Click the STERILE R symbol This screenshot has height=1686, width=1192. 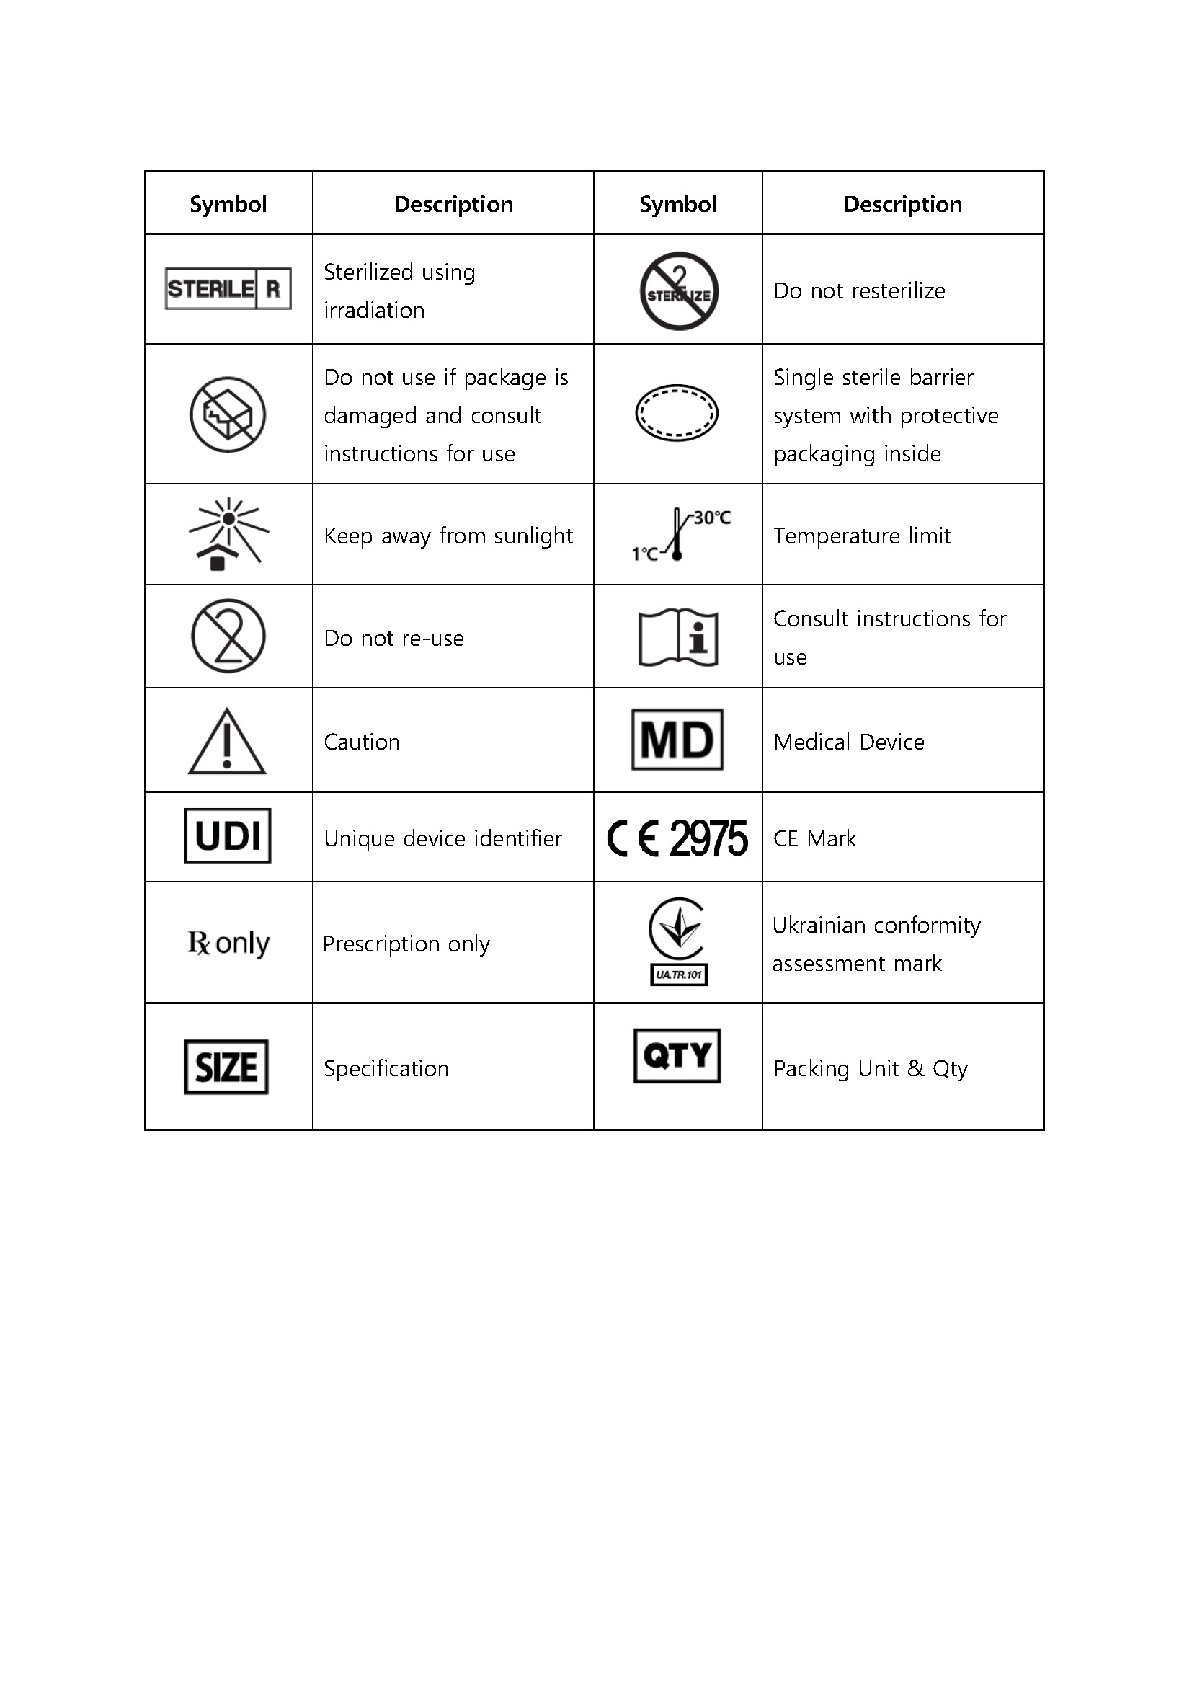[228, 288]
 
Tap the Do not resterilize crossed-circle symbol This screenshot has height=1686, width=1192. [679, 290]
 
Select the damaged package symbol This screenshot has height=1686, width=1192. [228, 415]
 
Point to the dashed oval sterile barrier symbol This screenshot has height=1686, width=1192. [677, 413]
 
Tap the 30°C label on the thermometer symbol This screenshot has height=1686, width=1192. [712, 518]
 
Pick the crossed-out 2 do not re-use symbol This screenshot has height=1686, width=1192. [228, 636]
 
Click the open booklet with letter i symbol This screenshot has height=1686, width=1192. [678, 637]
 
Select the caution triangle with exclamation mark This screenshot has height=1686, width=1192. [228, 742]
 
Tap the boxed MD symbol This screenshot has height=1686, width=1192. [677, 740]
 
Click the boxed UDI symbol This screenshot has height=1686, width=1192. [228, 835]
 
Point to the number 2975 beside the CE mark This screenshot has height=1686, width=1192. [708, 838]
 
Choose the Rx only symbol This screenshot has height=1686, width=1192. [228, 943]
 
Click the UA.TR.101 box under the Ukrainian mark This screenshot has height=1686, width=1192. [679, 975]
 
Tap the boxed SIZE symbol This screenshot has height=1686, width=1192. [226, 1067]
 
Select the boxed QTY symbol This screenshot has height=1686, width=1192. [677, 1056]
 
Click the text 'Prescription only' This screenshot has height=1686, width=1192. [406, 944]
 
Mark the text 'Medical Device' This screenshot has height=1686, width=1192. [848, 742]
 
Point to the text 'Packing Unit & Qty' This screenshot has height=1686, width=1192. [871, 1068]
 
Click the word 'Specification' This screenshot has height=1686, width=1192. [386, 1068]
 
